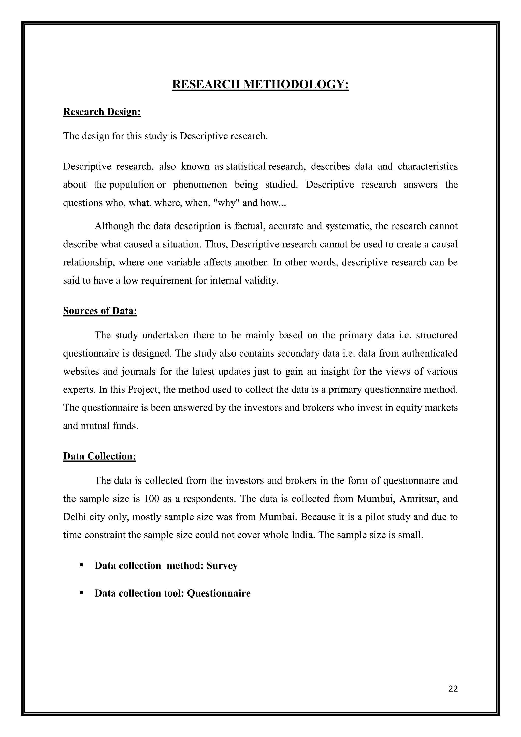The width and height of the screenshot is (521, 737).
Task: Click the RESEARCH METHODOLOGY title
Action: coord(260,84)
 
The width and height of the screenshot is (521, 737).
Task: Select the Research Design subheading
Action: coord(102,112)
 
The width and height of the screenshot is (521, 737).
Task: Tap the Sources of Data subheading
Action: coord(100,311)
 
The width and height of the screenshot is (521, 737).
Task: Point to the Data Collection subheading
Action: coord(99,456)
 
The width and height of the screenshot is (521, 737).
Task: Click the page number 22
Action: coord(453,689)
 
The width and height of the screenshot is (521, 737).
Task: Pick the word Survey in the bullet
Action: coord(222,565)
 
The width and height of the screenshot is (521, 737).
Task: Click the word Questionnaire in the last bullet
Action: coord(219,593)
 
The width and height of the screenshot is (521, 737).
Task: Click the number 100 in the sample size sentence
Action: coord(152,499)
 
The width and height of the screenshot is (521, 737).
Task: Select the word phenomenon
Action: coord(200,185)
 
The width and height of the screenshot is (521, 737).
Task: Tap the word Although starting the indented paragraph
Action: coord(114,226)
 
